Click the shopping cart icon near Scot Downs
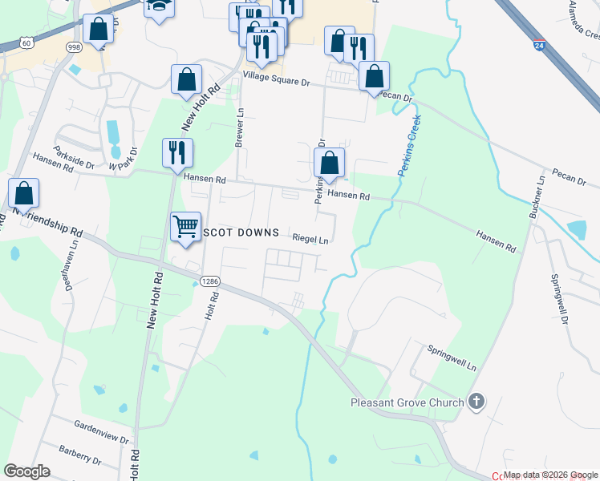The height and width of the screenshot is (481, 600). coord(185,226)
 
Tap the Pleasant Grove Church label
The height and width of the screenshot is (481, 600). coord(407,402)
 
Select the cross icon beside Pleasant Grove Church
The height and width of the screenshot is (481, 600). coord(476,402)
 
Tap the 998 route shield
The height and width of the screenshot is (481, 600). coord(74,46)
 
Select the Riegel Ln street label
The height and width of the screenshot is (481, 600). coord(310,239)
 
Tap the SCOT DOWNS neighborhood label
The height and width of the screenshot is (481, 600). coord(242,232)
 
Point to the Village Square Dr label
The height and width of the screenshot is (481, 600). coord(276,81)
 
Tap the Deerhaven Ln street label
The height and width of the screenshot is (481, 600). coord(69,268)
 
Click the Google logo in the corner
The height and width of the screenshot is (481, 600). coord(27,471)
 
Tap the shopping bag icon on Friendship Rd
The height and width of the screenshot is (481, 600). coord(24,193)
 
